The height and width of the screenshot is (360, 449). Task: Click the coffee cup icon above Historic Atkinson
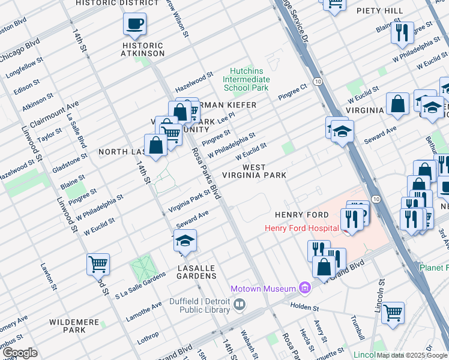click(x=134, y=25)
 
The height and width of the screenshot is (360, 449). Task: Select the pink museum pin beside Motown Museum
click(x=306, y=289)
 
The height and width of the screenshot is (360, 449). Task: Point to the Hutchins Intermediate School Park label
click(x=246, y=79)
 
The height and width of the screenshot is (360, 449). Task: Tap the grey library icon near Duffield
click(x=240, y=305)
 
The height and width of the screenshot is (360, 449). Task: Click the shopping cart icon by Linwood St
click(x=98, y=263)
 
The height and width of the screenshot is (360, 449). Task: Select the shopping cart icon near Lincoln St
click(x=392, y=311)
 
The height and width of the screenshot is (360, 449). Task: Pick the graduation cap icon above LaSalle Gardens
click(x=185, y=240)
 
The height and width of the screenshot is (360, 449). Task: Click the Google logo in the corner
click(x=19, y=353)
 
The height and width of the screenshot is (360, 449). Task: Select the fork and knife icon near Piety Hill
click(x=402, y=32)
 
